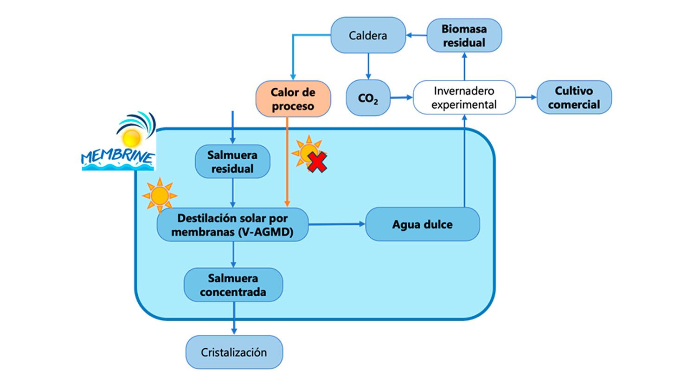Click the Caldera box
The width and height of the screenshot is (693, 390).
click(x=368, y=35)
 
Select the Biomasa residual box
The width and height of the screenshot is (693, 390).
click(x=463, y=35)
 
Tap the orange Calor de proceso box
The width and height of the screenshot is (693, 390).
click(x=293, y=99)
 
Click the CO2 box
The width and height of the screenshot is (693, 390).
click(x=368, y=98)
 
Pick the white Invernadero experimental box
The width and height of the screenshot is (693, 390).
click(x=463, y=97)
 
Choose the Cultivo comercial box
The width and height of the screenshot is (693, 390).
click(x=574, y=97)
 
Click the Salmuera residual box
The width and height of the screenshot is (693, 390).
click(x=232, y=162)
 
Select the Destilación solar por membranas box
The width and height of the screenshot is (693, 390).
click(x=232, y=225)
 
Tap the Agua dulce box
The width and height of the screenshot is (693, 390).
click(x=422, y=225)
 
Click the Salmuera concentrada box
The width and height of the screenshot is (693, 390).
click(x=233, y=285)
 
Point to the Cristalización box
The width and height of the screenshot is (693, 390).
click(x=234, y=352)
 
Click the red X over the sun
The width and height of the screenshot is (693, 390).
click(x=317, y=163)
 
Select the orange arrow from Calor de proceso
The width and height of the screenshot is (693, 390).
click(x=287, y=162)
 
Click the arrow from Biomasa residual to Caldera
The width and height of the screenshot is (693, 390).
click(x=416, y=35)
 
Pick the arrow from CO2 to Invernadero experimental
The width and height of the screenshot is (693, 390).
click(x=401, y=98)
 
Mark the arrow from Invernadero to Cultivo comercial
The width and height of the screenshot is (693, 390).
click(x=526, y=97)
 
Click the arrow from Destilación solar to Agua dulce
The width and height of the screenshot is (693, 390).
click(x=337, y=224)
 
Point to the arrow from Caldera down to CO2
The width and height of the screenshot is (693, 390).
click(x=368, y=66)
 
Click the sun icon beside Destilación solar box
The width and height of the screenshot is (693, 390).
click(x=160, y=195)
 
